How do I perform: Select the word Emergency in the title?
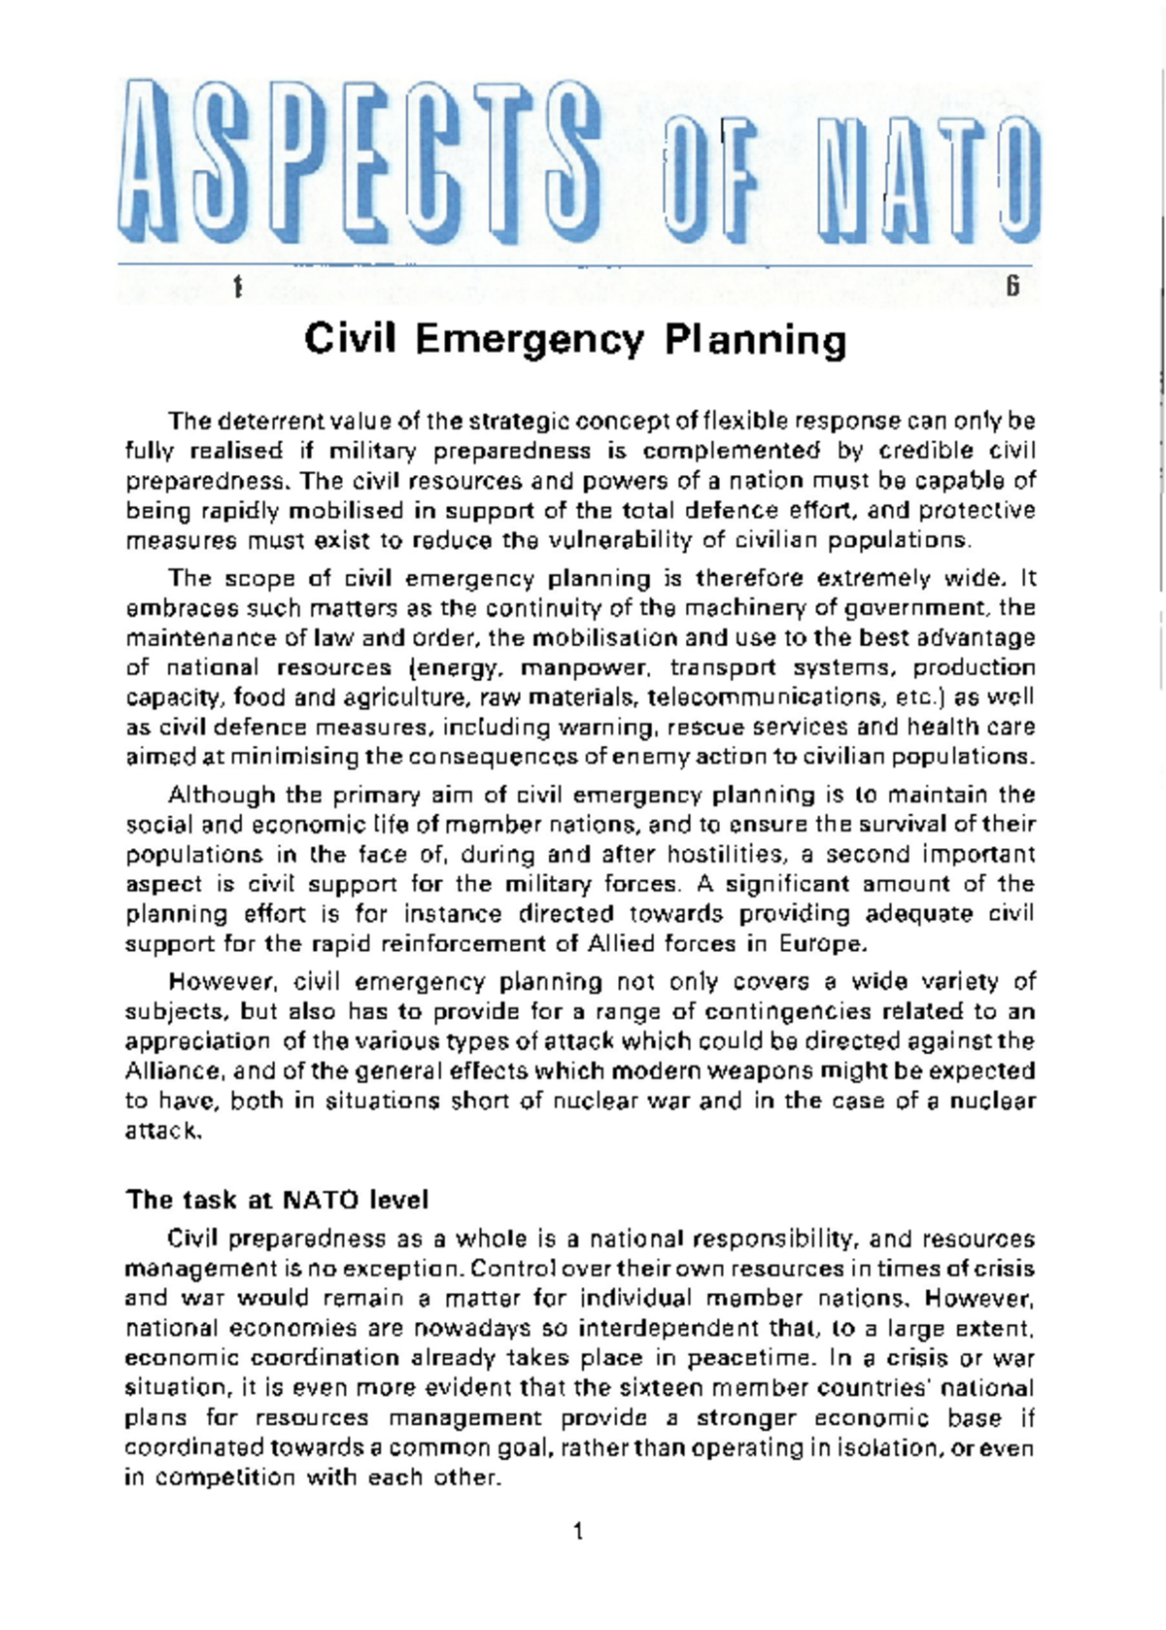pos(530,340)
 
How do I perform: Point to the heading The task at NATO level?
pos(277,1200)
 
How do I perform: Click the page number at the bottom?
pos(579,1532)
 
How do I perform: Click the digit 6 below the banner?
pos(1012,287)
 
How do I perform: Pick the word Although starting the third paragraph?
pos(222,795)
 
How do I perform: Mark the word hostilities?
pos(723,855)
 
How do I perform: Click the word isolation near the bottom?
pos(888,1447)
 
